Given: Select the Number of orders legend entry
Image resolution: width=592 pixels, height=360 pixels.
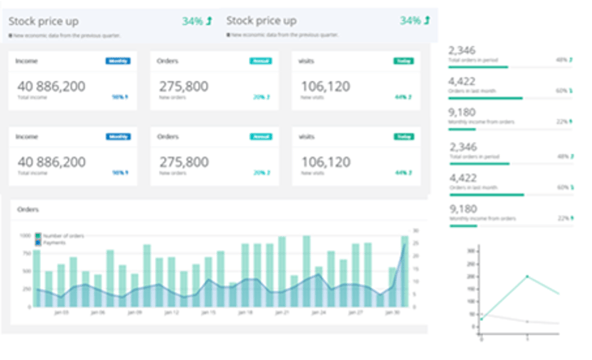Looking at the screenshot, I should (60, 235).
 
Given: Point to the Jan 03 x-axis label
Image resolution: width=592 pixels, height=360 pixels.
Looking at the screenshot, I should (61, 312).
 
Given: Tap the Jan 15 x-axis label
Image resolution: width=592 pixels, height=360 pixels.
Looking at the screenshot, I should (209, 312).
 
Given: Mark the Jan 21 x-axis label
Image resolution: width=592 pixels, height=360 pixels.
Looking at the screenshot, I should (283, 312).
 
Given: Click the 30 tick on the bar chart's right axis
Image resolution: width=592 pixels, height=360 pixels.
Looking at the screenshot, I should (417, 236).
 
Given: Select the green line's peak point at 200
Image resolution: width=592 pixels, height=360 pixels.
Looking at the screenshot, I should (527, 276).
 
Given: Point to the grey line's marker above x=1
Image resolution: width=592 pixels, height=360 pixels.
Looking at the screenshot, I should (527, 321).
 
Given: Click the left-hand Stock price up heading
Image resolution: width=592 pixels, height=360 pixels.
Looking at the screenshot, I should (45, 20).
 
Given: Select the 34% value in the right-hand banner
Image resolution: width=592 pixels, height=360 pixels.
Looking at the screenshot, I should (409, 20).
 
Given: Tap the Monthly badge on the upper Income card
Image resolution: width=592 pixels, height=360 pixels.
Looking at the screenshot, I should (118, 61).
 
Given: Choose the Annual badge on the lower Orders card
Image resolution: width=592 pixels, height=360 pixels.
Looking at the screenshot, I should (260, 136).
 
